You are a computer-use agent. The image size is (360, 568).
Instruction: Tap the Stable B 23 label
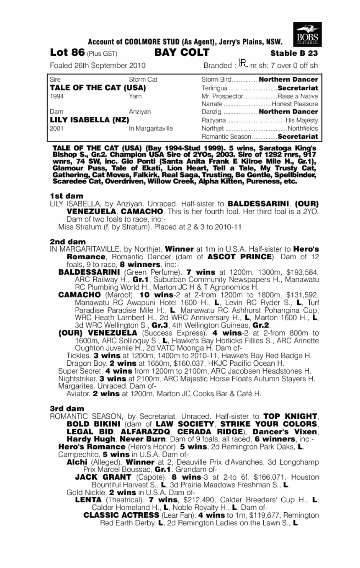(x=294, y=54)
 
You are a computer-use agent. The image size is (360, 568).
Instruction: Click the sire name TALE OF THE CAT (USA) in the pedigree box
(x=98, y=88)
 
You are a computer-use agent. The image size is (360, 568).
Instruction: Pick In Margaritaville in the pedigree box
(x=151, y=129)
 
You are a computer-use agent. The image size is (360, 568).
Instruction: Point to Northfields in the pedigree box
(x=302, y=129)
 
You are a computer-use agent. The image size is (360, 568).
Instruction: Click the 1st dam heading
(x=66, y=196)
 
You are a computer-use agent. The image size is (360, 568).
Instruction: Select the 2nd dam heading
(x=67, y=242)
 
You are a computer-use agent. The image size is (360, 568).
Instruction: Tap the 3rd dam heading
(x=67, y=408)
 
